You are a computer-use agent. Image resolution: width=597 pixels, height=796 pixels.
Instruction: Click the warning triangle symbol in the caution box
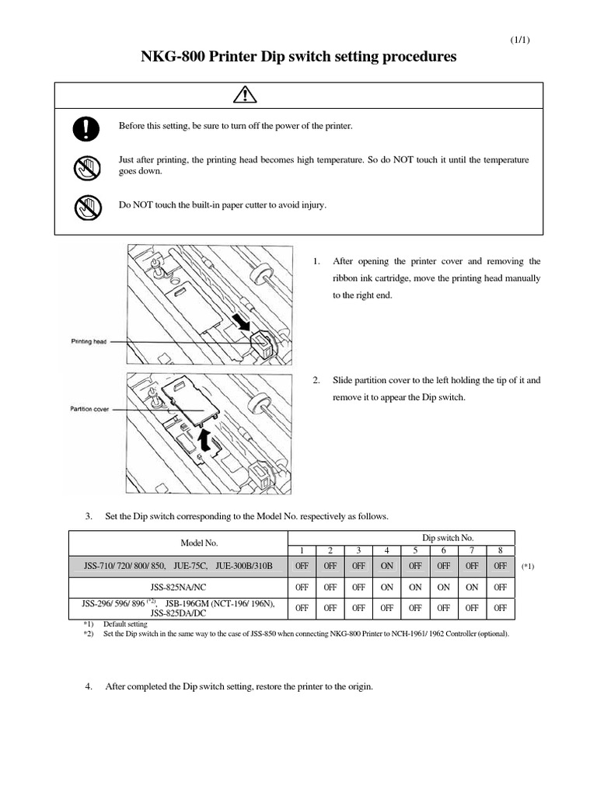(298, 96)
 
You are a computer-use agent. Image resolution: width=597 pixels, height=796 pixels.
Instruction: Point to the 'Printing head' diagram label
(88, 340)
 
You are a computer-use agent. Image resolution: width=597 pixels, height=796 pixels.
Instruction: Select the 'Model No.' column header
(179, 544)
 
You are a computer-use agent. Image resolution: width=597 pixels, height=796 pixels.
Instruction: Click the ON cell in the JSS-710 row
(387, 567)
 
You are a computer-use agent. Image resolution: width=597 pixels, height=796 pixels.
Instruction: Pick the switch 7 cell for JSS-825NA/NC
(471, 588)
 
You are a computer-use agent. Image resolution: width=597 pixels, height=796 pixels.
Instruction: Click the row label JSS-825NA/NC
(179, 588)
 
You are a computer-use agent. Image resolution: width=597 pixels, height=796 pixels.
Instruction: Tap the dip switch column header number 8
(499, 550)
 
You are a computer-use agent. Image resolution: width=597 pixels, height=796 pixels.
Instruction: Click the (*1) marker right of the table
(528, 567)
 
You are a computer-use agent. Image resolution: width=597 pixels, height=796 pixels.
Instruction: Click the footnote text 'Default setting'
(125, 624)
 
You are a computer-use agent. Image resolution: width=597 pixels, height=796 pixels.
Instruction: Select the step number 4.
(89, 686)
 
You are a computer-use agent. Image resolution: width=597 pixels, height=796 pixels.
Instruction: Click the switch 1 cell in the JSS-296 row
(302, 608)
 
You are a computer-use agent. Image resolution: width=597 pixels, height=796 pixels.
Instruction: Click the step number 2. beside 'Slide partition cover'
(316, 380)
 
